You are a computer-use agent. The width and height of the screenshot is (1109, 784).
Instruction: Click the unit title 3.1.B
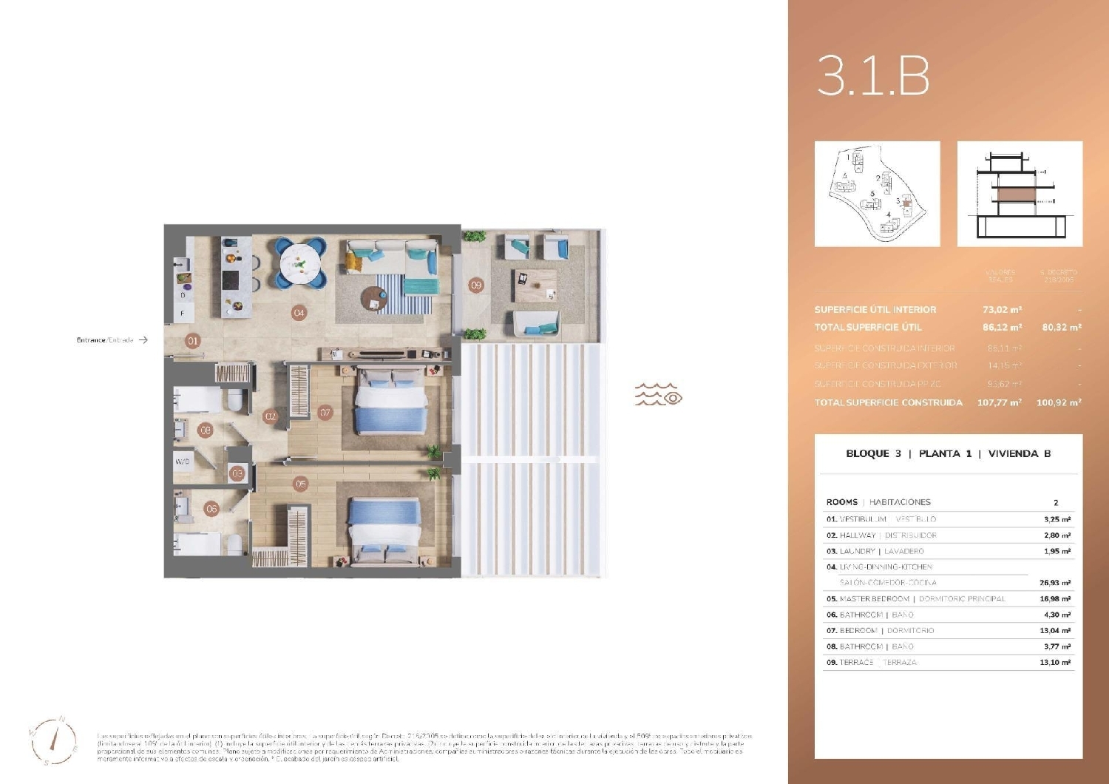point(872,76)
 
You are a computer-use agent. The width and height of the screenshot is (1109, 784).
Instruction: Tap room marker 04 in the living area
point(299,313)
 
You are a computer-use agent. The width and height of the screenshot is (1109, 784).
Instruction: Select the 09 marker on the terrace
point(476,285)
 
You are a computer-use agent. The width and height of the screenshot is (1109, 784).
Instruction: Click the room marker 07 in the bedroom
point(325,413)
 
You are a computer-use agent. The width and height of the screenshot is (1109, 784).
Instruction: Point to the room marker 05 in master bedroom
point(300,484)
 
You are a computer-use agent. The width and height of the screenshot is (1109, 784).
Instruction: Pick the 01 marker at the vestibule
point(193,341)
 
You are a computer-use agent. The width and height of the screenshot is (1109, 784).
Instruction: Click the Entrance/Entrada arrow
point(143,340)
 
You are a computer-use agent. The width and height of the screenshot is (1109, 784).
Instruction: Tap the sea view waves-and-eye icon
point(658,395)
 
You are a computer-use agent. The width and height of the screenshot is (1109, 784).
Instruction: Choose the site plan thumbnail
point(877,194)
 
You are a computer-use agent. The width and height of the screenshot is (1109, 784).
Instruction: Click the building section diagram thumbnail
point(1020,194)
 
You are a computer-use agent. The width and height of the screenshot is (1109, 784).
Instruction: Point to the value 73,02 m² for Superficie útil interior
point(1002,310)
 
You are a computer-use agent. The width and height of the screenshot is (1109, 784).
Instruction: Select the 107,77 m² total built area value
point(999,403)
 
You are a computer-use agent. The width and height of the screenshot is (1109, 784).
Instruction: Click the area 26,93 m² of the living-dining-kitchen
point(1055,583)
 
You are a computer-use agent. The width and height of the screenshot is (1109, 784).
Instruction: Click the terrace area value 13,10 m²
point(1055,663)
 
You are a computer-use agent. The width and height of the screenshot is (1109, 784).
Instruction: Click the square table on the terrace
point(535,285)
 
